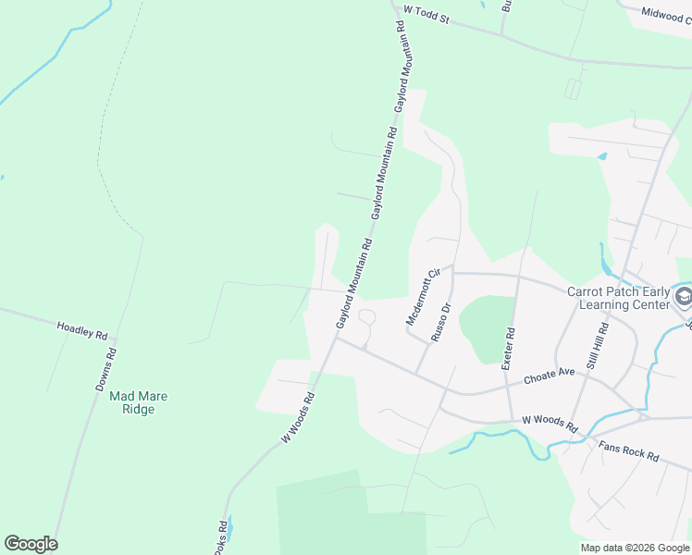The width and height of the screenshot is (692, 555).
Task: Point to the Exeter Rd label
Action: [507, 349]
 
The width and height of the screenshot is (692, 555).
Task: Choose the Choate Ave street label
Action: [550, 377]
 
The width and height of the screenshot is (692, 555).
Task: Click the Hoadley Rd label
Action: [82, 328]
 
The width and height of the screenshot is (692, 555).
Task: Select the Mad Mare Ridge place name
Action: [139, 402]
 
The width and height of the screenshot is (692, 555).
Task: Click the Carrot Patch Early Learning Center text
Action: [618, 297]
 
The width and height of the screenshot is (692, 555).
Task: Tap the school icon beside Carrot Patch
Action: [684, 297]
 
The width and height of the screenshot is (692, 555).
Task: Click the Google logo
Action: [31, 544]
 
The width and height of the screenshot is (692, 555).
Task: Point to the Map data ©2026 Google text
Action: [636, 548]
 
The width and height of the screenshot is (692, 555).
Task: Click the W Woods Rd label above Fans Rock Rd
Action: [550, 425]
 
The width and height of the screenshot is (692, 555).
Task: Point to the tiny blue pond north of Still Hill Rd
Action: [603, 156]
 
